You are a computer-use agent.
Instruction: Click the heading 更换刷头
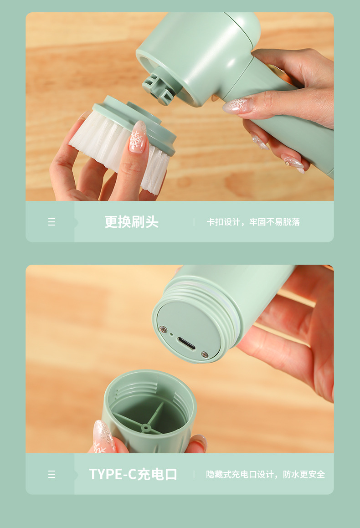coord(132,222)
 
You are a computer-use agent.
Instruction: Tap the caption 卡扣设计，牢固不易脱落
coord(253,222)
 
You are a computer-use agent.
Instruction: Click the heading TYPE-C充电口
coord(133,474)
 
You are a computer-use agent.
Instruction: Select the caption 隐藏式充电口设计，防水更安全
coord(266,474)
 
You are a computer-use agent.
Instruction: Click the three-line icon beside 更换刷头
coord(51,222)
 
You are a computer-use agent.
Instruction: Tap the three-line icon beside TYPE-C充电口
coord(51,474)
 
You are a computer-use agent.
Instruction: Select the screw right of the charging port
coord(205,354)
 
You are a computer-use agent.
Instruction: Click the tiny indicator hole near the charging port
coord(171,334)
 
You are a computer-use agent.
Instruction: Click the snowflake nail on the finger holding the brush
coord(138,137)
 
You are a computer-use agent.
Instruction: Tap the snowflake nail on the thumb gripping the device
coord(237,105)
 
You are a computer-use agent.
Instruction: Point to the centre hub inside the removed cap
coord(145,428)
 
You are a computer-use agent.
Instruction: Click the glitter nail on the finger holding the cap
coord(103,437)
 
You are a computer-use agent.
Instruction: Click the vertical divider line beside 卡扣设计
coord(194,222)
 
